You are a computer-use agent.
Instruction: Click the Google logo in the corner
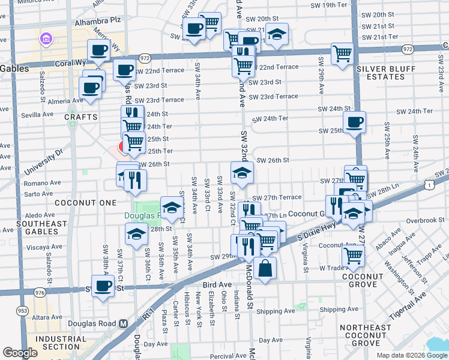(x=20, y=353)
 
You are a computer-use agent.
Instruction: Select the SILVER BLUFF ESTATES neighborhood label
(x=386, y=73)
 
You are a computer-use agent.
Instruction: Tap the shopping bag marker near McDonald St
(x=265, y=268)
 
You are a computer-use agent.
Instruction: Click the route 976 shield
(x=40, y=292)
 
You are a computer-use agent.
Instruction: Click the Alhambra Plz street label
(x=91, y=19)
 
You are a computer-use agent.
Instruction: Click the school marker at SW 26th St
(x=243, y=173)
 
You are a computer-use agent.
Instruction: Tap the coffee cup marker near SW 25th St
(x=355, y=122)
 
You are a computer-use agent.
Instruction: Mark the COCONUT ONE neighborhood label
(x=85, y=203)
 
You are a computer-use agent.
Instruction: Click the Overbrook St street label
(x=424, y=220)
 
